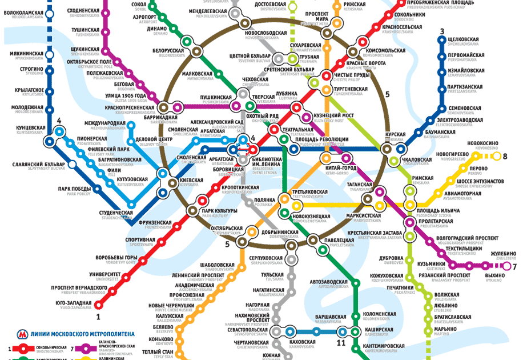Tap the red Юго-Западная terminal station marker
[x=98, y=304]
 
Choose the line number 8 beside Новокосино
[x=504, y=156]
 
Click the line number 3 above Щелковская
[x=441, y=31]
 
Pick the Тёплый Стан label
[x=161, y=353]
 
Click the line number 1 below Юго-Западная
[x=98, y=315]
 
